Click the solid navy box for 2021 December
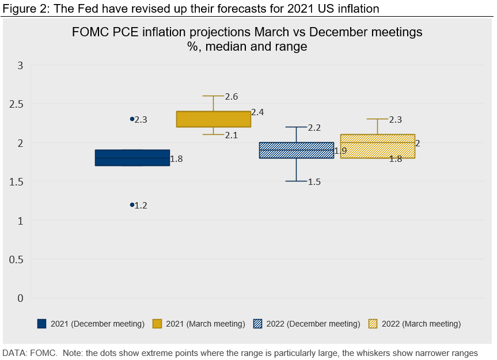[132, 158]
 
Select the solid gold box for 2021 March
[213, 119]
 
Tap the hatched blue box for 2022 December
[296, 150]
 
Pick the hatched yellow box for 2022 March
[378, 146]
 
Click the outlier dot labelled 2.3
[132, 119]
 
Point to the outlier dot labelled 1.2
[132, 204]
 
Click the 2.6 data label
[232, 97]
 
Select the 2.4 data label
[257, 112]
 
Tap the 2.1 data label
[232, 135]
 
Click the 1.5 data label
[314, 182]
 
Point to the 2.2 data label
[314, 127]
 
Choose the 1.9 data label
[340, 151]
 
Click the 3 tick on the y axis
[20, 65]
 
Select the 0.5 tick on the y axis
[16, 259]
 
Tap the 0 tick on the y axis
[20, 298]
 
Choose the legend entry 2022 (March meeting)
[420, 324]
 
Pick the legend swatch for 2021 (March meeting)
[157, 324]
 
